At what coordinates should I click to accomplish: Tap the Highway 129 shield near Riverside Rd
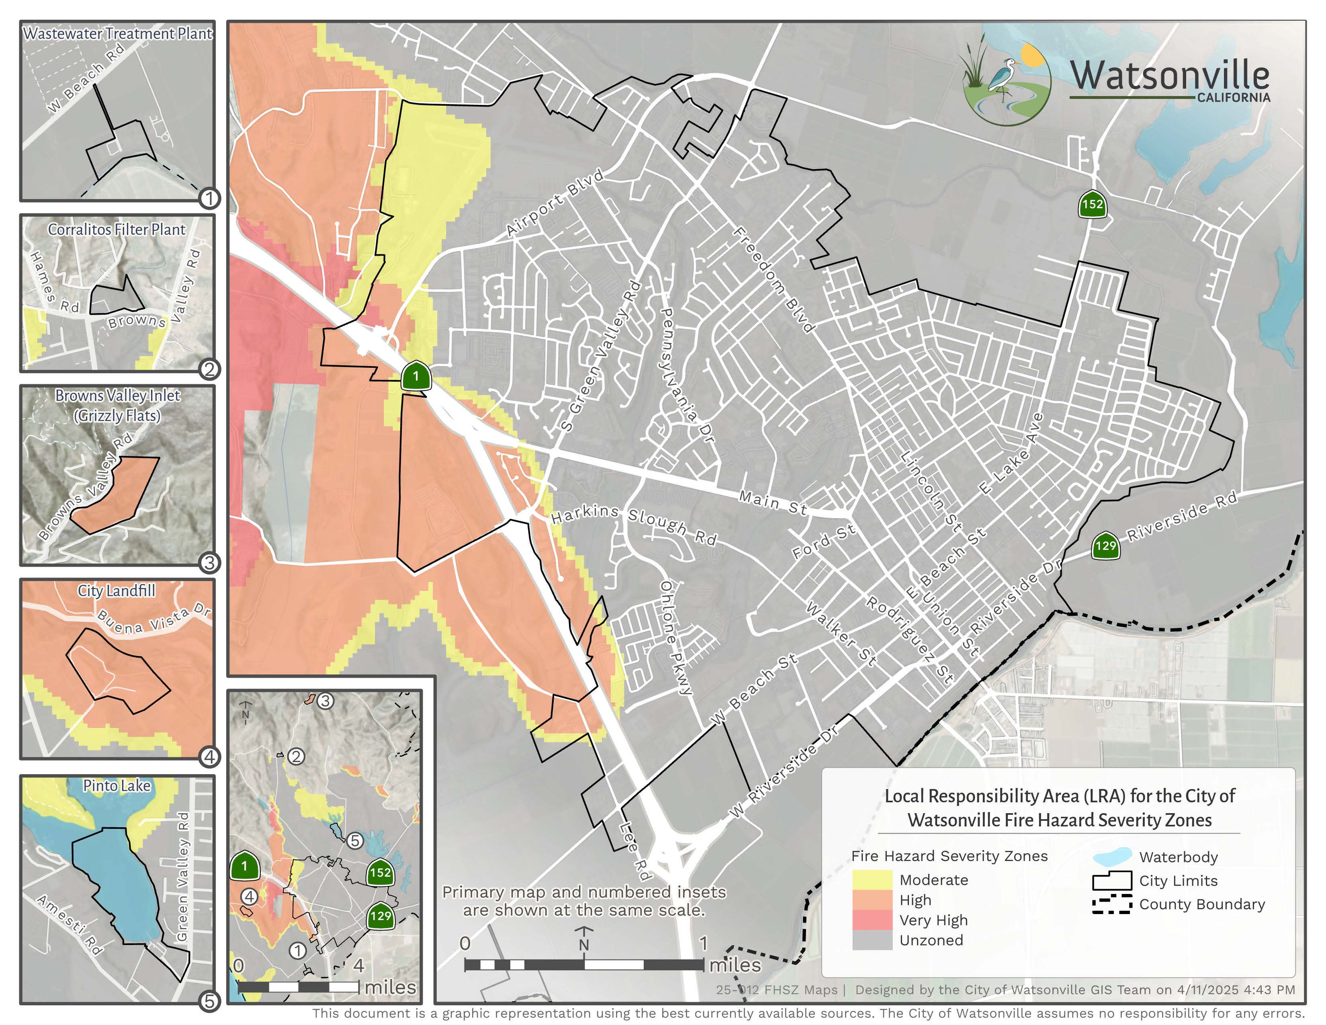pyautogui.click(x=1105, y=545)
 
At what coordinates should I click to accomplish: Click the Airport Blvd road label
pyautogui.click(x=555, y=203)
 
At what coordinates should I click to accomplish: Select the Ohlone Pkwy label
pyautogui.click(x=675, y=638)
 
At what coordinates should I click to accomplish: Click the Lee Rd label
pyautogui.click(x=634, y=851)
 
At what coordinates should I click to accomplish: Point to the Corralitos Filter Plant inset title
pyautogui.click(x=117, y=230)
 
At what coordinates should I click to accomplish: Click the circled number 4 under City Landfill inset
pyautogui.click(x=209, y=756)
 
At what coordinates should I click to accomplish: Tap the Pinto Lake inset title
pyautogui.click(x=117, y=786)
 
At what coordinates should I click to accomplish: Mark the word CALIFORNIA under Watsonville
pyautogui.click(x=1233, y=98)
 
